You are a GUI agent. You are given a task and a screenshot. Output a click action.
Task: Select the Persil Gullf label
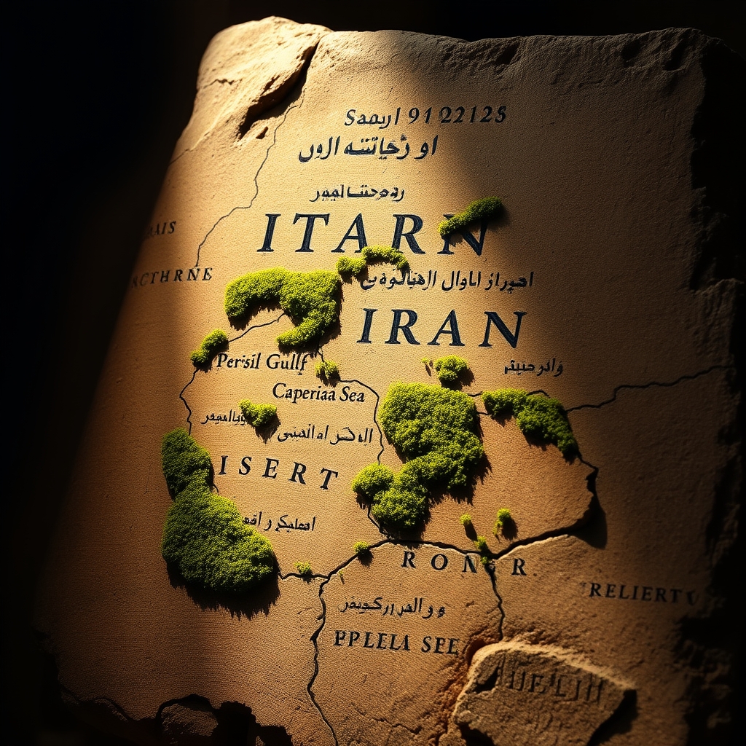pos(262,361)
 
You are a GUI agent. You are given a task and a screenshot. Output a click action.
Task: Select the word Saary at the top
pos(373,117)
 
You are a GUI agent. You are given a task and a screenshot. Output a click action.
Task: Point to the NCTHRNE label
pos(172,275)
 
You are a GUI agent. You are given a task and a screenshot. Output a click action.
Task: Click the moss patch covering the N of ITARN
pos(472,216)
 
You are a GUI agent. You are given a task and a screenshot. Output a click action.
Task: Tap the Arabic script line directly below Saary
pos(368,149)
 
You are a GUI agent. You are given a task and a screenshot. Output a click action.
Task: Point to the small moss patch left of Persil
pos(210,348)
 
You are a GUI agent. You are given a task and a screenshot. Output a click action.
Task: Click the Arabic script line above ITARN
pos(356,193)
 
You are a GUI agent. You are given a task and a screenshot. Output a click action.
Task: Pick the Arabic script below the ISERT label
pos(278,522)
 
